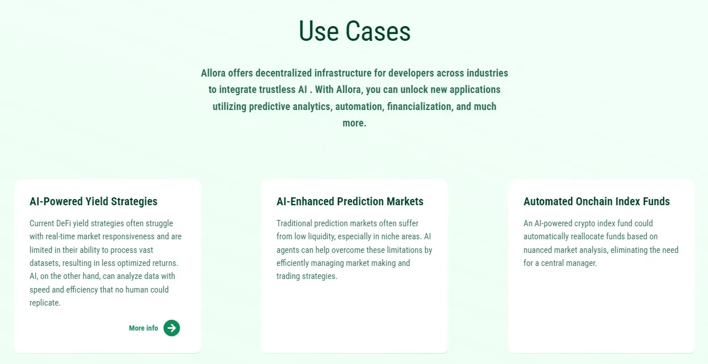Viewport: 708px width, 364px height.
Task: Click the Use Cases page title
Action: point(354,31)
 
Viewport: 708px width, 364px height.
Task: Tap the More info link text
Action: point(143,328)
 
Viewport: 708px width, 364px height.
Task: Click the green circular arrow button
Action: point(171,328)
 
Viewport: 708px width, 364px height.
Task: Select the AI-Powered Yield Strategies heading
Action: point(94,202)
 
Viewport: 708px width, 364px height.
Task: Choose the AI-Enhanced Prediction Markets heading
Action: point(350,202)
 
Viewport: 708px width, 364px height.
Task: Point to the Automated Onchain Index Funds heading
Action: point(597,202)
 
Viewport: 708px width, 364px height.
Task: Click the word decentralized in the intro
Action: point(283,73)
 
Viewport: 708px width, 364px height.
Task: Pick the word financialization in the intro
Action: point(420,107)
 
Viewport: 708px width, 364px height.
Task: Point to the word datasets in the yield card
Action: point(44,263)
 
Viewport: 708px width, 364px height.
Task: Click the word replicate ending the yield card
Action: point(44,303)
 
